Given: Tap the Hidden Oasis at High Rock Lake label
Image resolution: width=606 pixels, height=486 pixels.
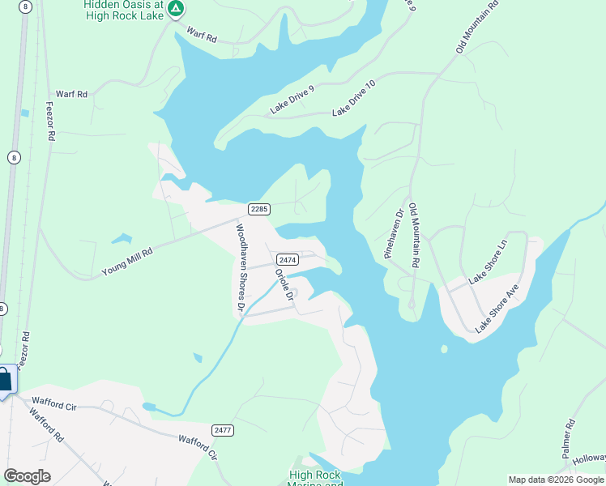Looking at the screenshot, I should click(123, 10).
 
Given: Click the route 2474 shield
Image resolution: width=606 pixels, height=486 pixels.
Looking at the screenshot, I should click(288, 259).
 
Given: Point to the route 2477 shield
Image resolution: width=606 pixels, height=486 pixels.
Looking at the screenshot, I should click(223, 429).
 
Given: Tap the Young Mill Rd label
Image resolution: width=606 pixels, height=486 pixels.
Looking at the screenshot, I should click(127, 262).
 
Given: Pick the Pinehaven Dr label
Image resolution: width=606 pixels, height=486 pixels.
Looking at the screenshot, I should click(393, 235).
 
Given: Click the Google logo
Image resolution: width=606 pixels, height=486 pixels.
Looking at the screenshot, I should click(27, 475).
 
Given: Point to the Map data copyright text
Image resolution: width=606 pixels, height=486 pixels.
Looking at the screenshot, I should click(555, 480).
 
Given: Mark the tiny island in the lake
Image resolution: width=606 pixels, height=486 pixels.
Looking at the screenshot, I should click(444, 349).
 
